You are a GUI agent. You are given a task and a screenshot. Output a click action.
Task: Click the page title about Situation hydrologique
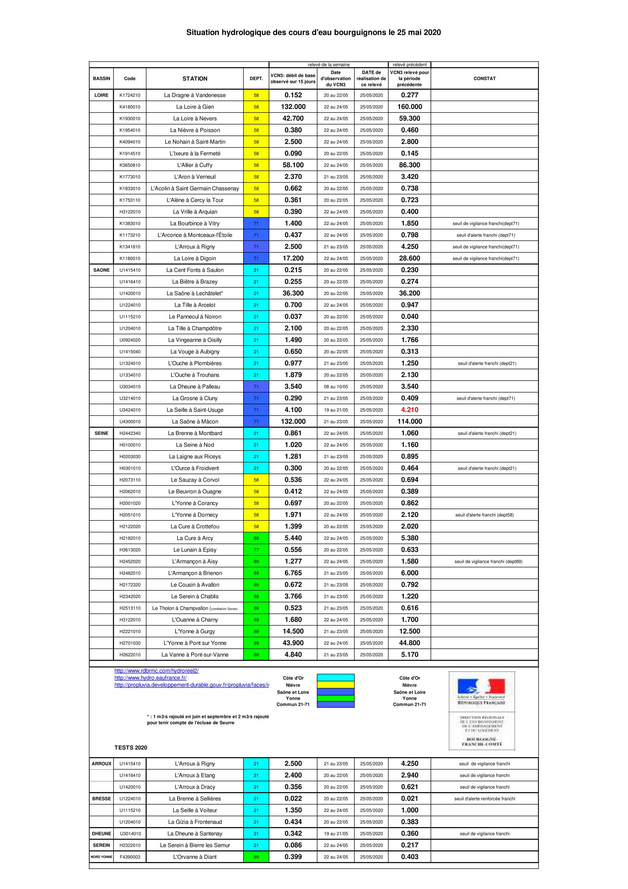[x=313, y=33]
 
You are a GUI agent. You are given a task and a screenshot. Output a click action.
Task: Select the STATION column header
[x=195, y=79]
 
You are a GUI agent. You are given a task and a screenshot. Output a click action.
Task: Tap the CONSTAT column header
[x=484, y=79]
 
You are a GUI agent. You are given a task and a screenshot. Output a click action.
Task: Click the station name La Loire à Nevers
[x=195, y=119]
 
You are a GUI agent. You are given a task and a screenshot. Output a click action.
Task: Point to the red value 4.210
[x=410, y=410]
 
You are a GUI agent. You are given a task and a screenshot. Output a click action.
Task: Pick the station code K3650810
[x=130, y=165]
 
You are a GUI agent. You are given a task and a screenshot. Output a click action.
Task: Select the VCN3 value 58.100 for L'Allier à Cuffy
[x=293, y=165]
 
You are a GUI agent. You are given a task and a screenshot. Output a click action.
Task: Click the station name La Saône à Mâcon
[x=195, y=422]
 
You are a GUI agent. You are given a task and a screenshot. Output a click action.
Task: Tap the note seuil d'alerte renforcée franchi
[x=484, y=799]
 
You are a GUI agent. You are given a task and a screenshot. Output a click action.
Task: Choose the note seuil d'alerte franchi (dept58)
[x=484, y=515]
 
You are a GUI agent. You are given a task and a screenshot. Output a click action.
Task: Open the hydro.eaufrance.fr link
[x=150, y=678]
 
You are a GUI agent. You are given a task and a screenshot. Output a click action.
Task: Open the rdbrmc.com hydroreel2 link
[x=156, y=670]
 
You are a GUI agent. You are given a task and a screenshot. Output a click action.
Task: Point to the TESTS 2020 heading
[x=131, y=748]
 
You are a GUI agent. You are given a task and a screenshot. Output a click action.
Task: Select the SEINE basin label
[x=101, y=433]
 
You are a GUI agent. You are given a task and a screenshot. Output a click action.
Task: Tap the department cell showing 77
[x=256, y=550]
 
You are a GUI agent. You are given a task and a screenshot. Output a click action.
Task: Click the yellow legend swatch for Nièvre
[x=335, y=685]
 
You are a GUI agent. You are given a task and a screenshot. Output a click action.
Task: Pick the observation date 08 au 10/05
[x=335, y=387]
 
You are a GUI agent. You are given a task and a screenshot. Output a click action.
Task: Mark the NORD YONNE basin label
[x=101, y=857]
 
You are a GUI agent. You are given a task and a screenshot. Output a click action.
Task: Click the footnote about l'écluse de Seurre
[x=208, y=719]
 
